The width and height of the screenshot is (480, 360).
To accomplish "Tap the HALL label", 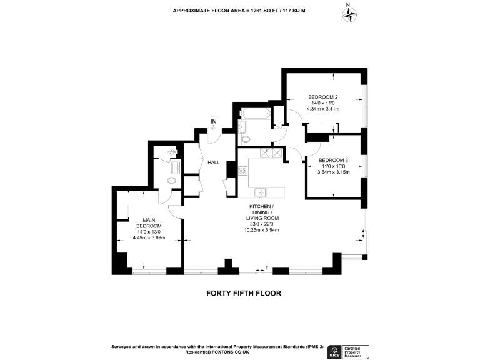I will [x=214, y=162].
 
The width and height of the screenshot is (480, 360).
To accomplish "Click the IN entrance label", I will [x=214, y=121].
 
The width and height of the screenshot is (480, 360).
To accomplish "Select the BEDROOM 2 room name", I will [x=323, y=97].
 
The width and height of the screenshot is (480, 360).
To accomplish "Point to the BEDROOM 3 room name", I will [x=333, y=159].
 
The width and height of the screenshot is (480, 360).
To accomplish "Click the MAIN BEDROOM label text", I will [x=149, y=222].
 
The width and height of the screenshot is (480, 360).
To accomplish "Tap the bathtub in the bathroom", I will [x=255, y=114].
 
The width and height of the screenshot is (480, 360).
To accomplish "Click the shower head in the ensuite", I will [x=174, y=151].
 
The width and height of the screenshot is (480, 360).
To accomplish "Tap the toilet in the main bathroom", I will [x=245, y=139].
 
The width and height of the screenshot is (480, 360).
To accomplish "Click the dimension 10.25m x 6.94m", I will [x=261, y=231].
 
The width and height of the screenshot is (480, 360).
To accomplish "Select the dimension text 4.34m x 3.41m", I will [x=323, y=109].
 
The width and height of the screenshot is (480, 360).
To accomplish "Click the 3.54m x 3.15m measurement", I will [x=333, y=172].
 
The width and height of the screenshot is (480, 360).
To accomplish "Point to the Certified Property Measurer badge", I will [x=356, y=352].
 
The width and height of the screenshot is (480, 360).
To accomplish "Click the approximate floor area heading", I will [x=239, y=10].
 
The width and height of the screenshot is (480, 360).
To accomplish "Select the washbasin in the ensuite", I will [x=176, y=166].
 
